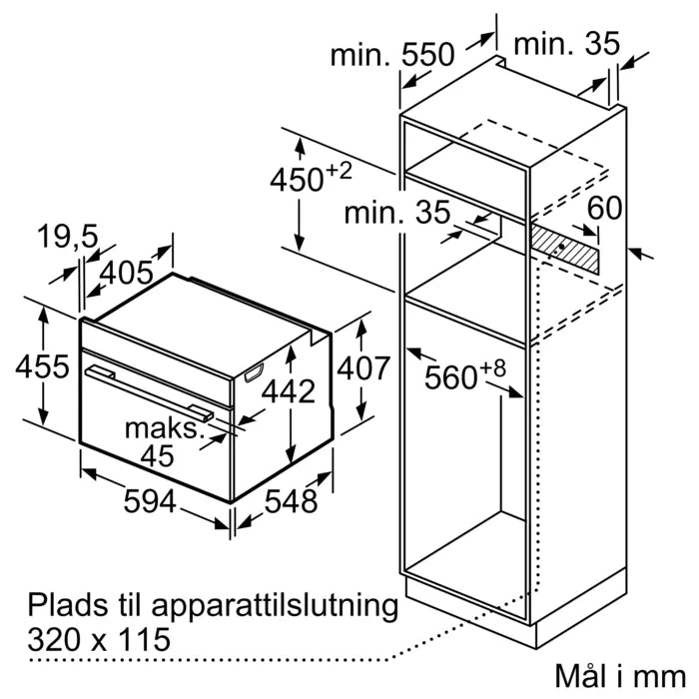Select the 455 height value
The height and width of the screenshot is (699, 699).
[42, 366]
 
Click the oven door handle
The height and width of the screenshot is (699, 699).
[150, 389]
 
